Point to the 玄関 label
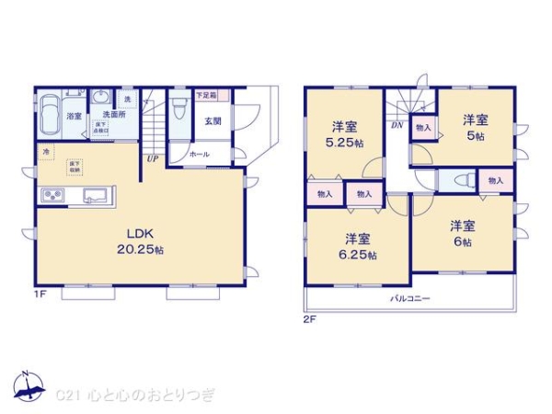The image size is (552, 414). (x=211, y=120)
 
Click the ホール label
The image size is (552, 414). (x=199, y=155)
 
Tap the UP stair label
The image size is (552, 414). (x=150, y=158)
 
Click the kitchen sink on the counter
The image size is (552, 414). (x=96, y=194)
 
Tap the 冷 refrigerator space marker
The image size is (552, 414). (x=44, y=151)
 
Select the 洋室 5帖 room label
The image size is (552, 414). (x=475, y=125)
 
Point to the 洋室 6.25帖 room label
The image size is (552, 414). (x=356, y=244)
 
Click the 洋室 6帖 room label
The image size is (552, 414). (x=462, y=233)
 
